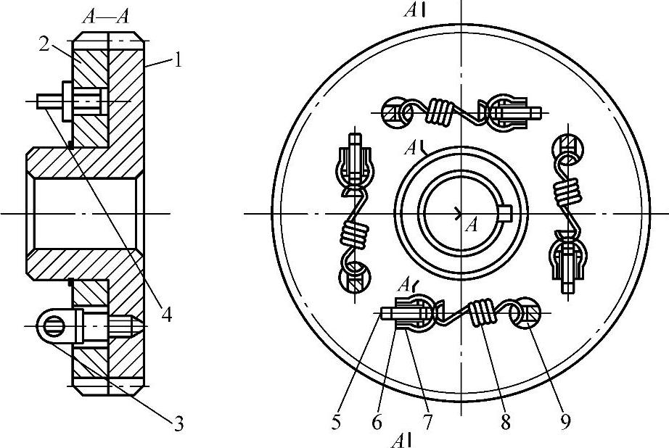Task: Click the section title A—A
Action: click(106, 17)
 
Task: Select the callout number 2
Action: click(44, 44)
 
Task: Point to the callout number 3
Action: click(178, 424)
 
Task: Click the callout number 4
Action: click(166, 315)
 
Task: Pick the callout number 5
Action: click(336, 423)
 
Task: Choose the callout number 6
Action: click(377, 423)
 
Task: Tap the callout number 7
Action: click(427, 423)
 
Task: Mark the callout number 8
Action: click(505, 423)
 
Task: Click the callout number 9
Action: click(565, 423)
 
